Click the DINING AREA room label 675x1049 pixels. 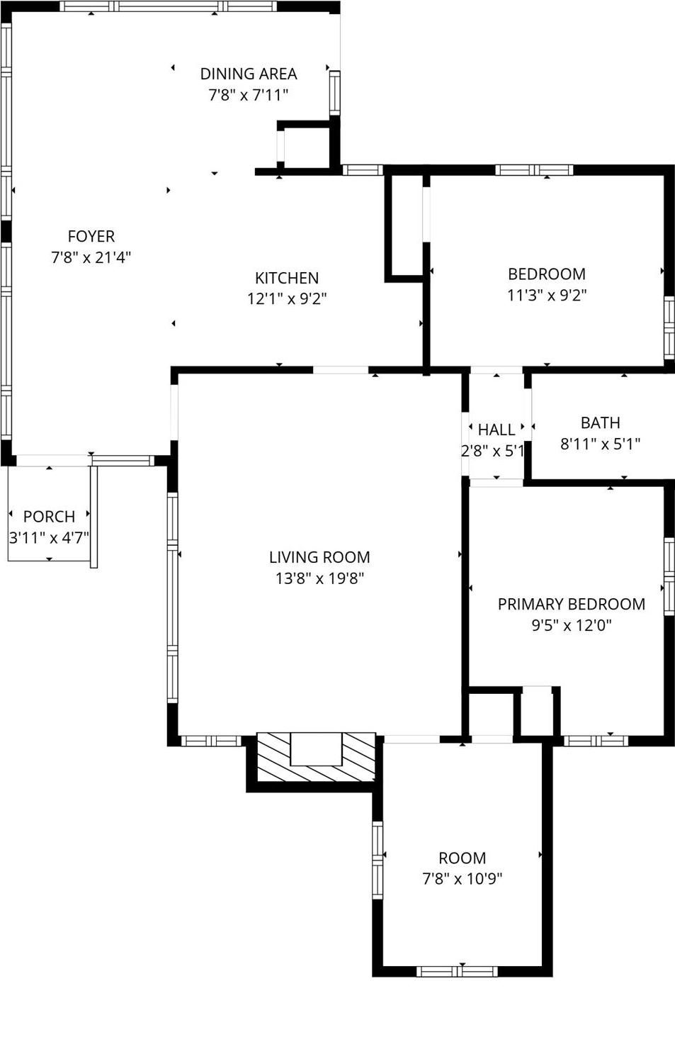[x=248, y=74]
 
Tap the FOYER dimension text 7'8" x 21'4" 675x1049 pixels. [x=91, y=257]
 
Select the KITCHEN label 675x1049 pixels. [x=287, y=278]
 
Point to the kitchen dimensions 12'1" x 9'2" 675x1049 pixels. [x=287, y=298]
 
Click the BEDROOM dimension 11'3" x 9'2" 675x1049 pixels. [x=547, y=295]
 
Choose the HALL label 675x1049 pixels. [x=496, y=430]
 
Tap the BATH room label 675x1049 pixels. [x=600, y=423]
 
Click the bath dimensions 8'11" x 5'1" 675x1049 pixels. [x=600, y=444]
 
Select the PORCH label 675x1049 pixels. [x=49, y=517]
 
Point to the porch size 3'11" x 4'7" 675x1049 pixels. [x=49, y=537]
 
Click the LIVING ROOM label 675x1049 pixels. [x=319, y=557]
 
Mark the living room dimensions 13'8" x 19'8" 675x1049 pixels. [x=319, y=578]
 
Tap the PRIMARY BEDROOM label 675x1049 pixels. [x=571, y=604]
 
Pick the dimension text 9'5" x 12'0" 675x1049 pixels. [x=571, y=625]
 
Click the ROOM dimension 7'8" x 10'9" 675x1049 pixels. [x=462, y=879]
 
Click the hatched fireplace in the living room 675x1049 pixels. [x=316, y=757]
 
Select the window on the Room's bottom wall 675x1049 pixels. [x=457, y=971]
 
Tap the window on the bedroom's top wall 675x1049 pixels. [x=534, y=170]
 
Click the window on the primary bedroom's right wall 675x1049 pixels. [x=669, y=576]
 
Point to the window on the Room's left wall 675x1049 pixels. [x=378, y=860]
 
